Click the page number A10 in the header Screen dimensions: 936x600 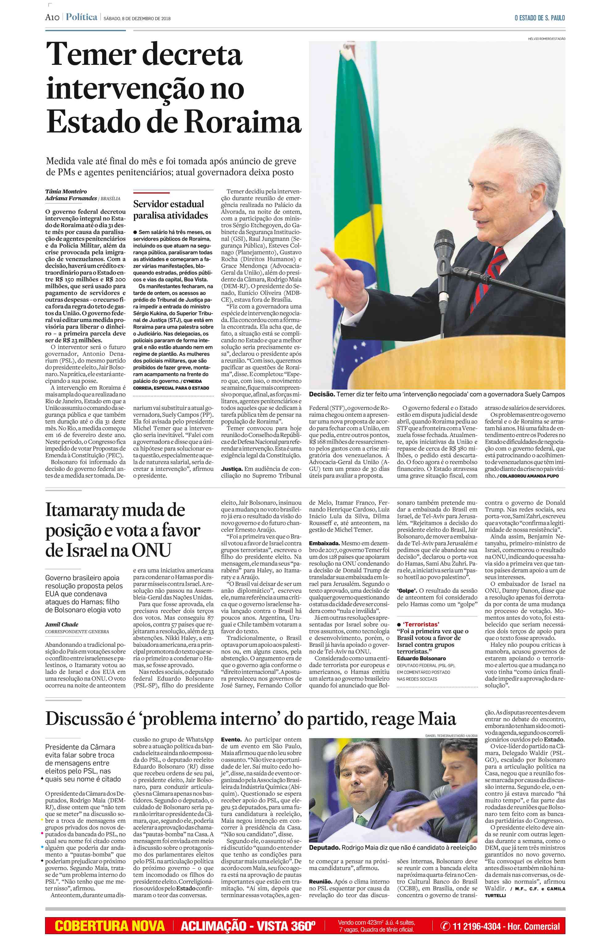coord(52,18)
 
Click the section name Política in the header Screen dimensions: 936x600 coord(81,17)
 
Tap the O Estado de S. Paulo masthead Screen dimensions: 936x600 coord(540,18)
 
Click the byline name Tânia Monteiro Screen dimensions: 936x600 coord(66,191)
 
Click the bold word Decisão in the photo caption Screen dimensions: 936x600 coord(321,394)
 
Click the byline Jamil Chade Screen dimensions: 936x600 coord(61,624)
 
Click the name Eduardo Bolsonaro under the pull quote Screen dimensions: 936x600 coord(421,658)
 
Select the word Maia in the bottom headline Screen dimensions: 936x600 coord(436,719)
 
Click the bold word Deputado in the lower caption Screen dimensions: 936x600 coord(324,847)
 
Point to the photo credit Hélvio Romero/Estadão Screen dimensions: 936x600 coord(546,39)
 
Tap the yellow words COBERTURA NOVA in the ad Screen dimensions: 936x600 coord(110,926)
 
